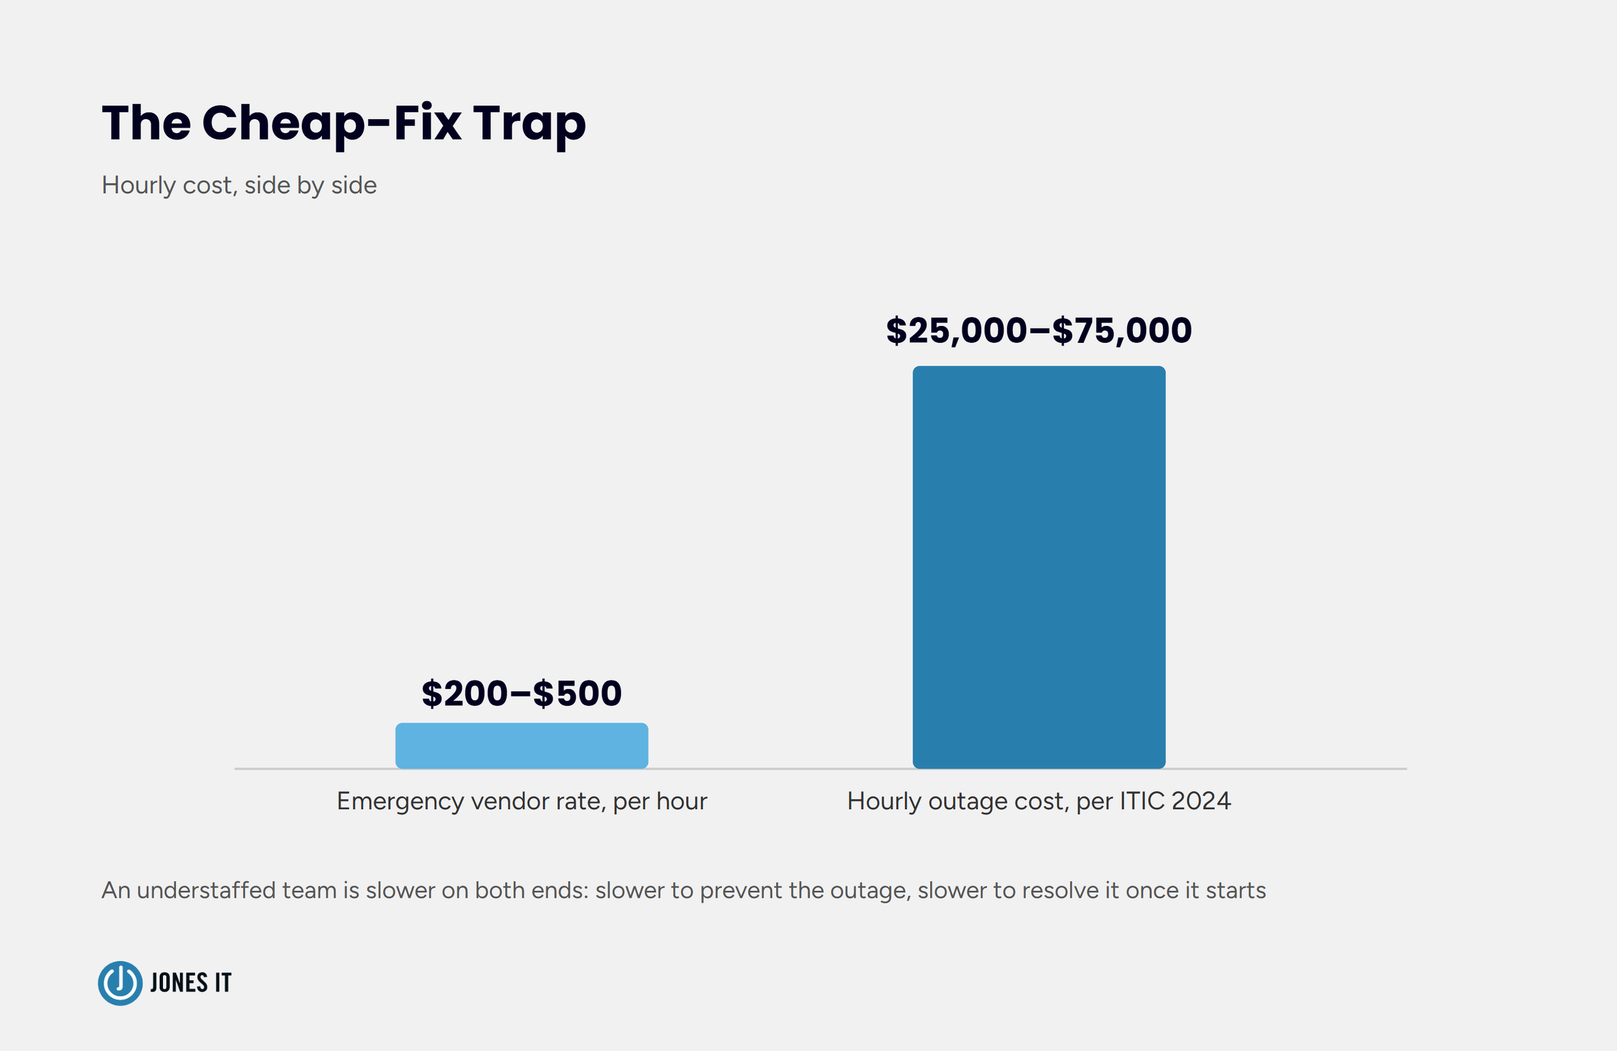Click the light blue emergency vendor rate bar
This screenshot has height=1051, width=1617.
pos(522,745)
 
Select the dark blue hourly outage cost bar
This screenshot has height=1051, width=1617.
pos(1039,567)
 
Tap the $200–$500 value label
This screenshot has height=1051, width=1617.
pos(522,693)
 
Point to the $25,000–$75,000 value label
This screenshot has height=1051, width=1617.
pos(1039,330)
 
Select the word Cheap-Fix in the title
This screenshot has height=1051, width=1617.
pos(332,124)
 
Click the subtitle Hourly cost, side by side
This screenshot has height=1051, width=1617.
pos(239,186)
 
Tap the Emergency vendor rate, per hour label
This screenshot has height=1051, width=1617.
pos(522,801)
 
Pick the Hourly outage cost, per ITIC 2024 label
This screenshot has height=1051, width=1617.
pos(1039,801)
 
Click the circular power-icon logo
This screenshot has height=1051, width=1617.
pos(120,983)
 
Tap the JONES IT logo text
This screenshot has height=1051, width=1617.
pos(191,983)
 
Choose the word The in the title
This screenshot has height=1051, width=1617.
pos(147,124)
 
